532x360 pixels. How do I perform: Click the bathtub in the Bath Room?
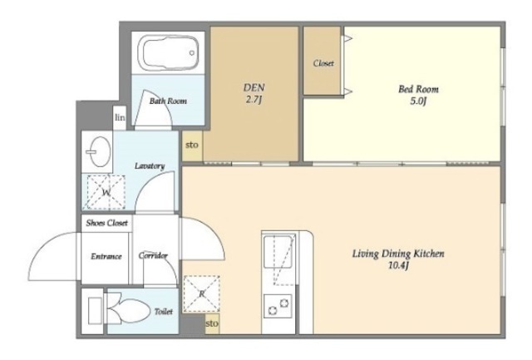coord(168,53)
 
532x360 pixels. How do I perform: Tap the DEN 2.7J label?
coord(254,93)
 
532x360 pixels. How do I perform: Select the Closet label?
coord(323,63)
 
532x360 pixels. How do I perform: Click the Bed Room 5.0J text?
coord(418,95)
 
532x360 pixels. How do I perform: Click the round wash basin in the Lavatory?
coord(99,151)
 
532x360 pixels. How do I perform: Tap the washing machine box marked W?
coord(106,192)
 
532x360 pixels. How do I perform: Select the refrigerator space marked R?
coord(201,293)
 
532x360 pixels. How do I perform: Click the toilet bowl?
coord(130,310)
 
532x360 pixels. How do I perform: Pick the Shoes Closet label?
coord(107,223)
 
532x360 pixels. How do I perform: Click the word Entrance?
coord(106,256)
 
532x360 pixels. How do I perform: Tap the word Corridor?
coord(153,255)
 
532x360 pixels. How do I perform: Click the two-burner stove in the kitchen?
coord(278,306)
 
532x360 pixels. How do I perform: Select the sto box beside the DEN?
coord(192,145)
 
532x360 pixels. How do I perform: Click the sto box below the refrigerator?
coord(212,323)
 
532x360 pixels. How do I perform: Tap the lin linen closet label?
coord(120,118)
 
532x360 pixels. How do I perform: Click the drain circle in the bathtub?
coord(192,53)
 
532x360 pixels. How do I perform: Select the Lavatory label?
coord(150,166)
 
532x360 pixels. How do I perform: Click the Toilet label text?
coord(164,312)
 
